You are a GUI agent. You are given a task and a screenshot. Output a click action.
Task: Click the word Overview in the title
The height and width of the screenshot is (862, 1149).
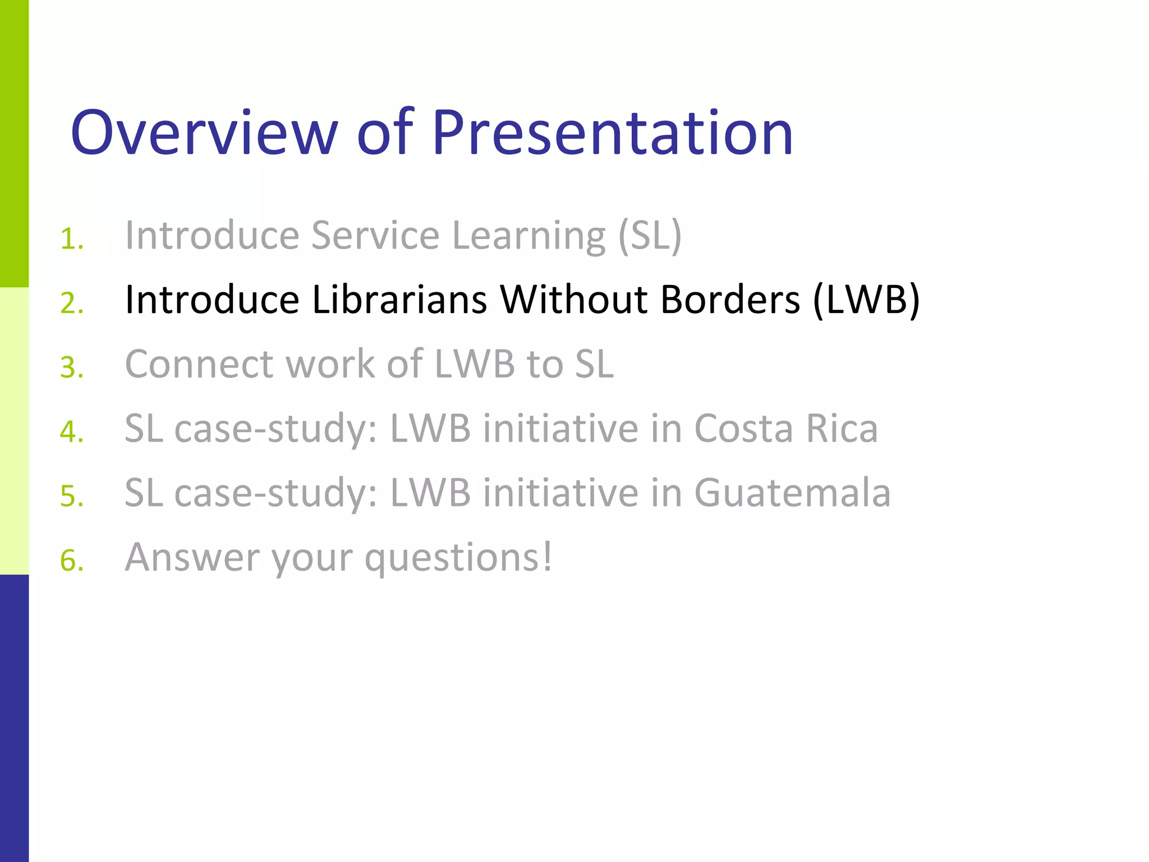click(204, 132)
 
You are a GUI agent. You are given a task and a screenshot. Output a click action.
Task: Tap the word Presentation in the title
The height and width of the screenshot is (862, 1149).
click(612, 132)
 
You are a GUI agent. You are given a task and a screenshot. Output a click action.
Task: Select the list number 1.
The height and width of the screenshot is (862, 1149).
click(71, 239)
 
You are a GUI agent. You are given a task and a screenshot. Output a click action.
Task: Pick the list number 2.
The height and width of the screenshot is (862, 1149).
click(71, 304)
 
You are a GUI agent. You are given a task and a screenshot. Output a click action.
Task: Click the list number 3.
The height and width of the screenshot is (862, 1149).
click(71, 368)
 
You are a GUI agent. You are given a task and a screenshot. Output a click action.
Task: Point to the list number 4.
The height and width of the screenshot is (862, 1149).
click(71, 432)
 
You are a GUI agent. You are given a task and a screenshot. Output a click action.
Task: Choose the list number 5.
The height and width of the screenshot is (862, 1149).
click(71, 497)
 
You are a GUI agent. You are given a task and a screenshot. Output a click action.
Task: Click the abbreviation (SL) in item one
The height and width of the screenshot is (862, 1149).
click(649, 236)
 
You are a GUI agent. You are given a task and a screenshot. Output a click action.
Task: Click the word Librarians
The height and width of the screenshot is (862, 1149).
click(399, 300)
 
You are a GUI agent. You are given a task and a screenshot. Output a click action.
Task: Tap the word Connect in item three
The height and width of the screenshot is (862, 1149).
click(199, 364)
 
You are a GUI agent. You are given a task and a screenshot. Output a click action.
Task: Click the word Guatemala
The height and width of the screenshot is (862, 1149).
click(792, 493)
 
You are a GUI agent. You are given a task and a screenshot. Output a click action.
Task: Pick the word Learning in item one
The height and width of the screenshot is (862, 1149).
click(528, 236)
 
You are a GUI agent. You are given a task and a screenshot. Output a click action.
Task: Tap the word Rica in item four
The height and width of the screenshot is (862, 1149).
click(842, 429)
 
